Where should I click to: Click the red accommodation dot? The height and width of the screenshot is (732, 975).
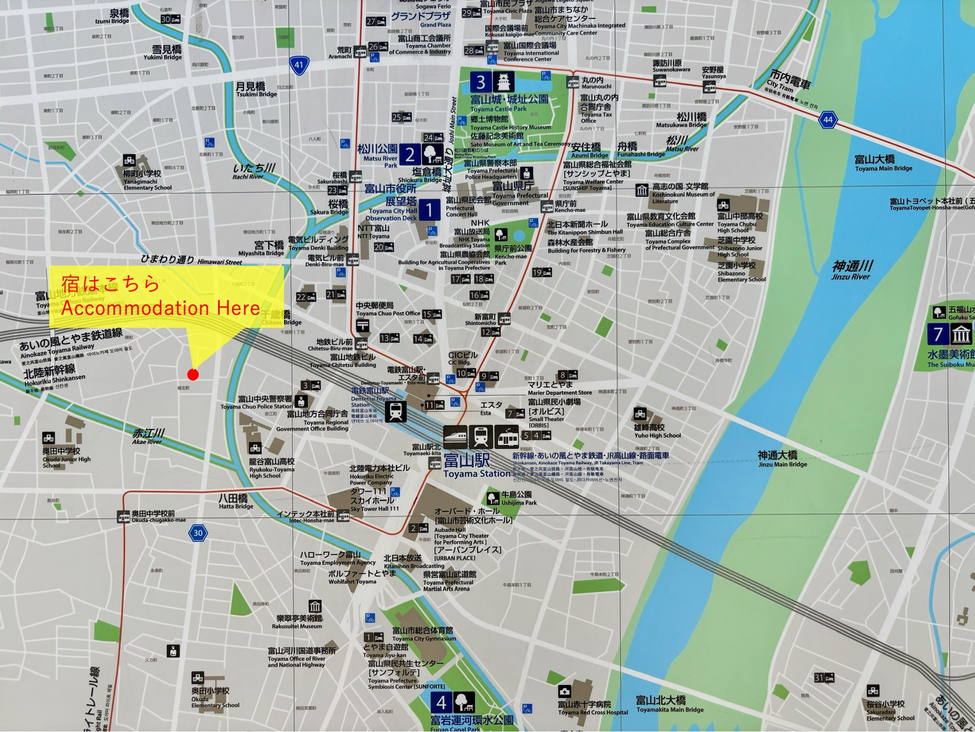pos(193,374)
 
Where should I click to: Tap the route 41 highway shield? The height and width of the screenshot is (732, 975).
pos(299,65)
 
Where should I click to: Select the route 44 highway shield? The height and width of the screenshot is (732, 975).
pos(827,120)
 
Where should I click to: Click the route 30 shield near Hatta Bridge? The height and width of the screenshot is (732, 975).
pos(198,533)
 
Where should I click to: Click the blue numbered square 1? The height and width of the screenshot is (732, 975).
pos(429,210)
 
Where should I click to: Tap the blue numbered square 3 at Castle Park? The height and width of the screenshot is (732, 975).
pos(481,82)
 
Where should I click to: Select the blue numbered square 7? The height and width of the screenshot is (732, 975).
pos(938,334)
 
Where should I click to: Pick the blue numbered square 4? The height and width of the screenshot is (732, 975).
pos(441,702)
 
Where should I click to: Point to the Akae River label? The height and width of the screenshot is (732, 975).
pos(148,436)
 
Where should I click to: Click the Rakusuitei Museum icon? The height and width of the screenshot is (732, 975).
pos(315,607)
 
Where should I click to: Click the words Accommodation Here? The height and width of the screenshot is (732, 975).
pos(160,308)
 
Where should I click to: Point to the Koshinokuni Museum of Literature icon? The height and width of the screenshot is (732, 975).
pos(642,190)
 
